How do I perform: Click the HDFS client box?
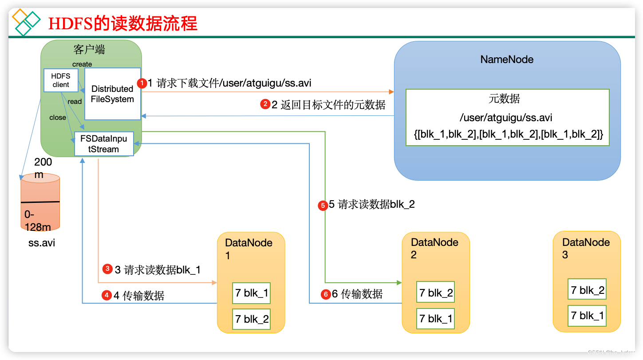point(60,80)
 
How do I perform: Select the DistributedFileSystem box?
point(112,94)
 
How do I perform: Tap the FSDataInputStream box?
point(104,144)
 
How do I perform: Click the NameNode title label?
point(507,59)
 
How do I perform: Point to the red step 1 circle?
point(142,83)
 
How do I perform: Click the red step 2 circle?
point(265,105)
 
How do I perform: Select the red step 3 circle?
point(107,269)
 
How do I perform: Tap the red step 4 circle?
point(107,295)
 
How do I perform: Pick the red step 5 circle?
point(323,205)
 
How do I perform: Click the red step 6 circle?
point(326,294)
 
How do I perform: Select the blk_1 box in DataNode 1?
point(251,293)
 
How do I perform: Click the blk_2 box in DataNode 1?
point(251,319)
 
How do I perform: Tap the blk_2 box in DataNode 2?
point(436,293)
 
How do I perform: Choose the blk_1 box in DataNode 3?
point(587,316)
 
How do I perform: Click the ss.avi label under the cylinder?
point(41,243)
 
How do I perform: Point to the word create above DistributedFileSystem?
point(82,64)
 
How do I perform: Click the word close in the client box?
point(58,118)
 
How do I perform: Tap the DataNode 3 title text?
point(586,248)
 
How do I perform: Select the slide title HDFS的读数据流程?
point(122,24)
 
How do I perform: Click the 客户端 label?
point(89,49)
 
